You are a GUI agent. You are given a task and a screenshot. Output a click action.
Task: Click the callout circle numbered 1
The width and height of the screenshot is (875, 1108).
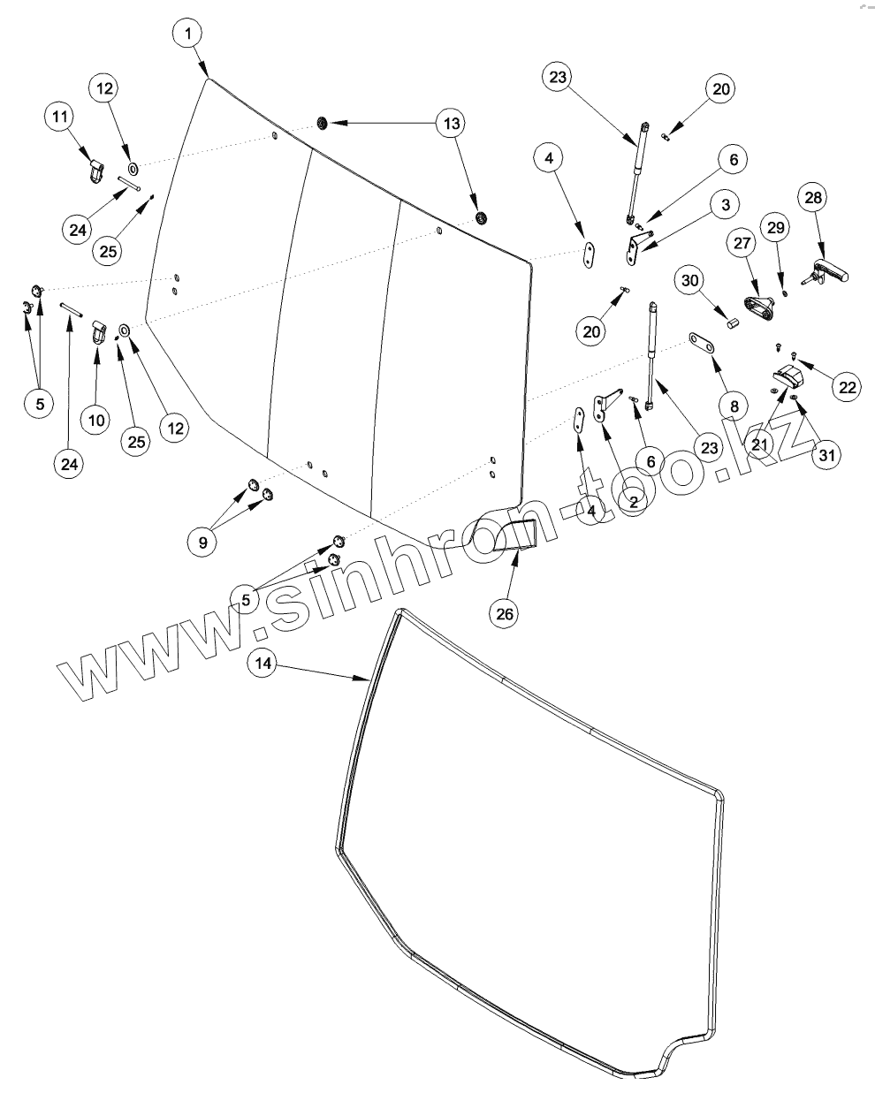pyautogui.click(x=187, y=34)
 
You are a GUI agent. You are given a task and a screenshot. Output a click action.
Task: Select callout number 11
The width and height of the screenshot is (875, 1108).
pyautogui.click(x=59, y=118)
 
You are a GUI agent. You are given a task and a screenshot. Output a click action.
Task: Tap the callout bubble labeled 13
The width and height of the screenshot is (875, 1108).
pyautogui.click(x=451, y=124)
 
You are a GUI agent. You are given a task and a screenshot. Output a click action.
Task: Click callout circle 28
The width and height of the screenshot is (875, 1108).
pyautogui.click(x=814, y=198)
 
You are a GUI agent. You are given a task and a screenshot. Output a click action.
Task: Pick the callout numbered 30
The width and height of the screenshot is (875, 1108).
pyautogui.click(x=690, y=280)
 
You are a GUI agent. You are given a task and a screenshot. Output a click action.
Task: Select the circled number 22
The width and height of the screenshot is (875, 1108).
pyautogui.click(x=847, y=386)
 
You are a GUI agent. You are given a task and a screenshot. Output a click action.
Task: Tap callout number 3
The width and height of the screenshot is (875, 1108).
pyautogui.click(x=724, y=204)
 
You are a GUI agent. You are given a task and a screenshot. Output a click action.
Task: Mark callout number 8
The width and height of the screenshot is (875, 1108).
pyautogui.click(x=732, y=407)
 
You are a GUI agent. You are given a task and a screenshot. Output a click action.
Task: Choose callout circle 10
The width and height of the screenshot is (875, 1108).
pyautogui.click(x=96, y=419)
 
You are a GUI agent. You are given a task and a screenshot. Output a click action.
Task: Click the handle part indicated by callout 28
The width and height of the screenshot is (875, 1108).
pyautogui.click(x=832, y=275)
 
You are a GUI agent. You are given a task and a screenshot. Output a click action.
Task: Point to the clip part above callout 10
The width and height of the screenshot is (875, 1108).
pyautogui.click(x=100, y=333)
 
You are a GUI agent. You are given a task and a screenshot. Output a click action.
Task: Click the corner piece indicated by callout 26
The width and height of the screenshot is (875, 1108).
pyautogui.click(x=515, y=535)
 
